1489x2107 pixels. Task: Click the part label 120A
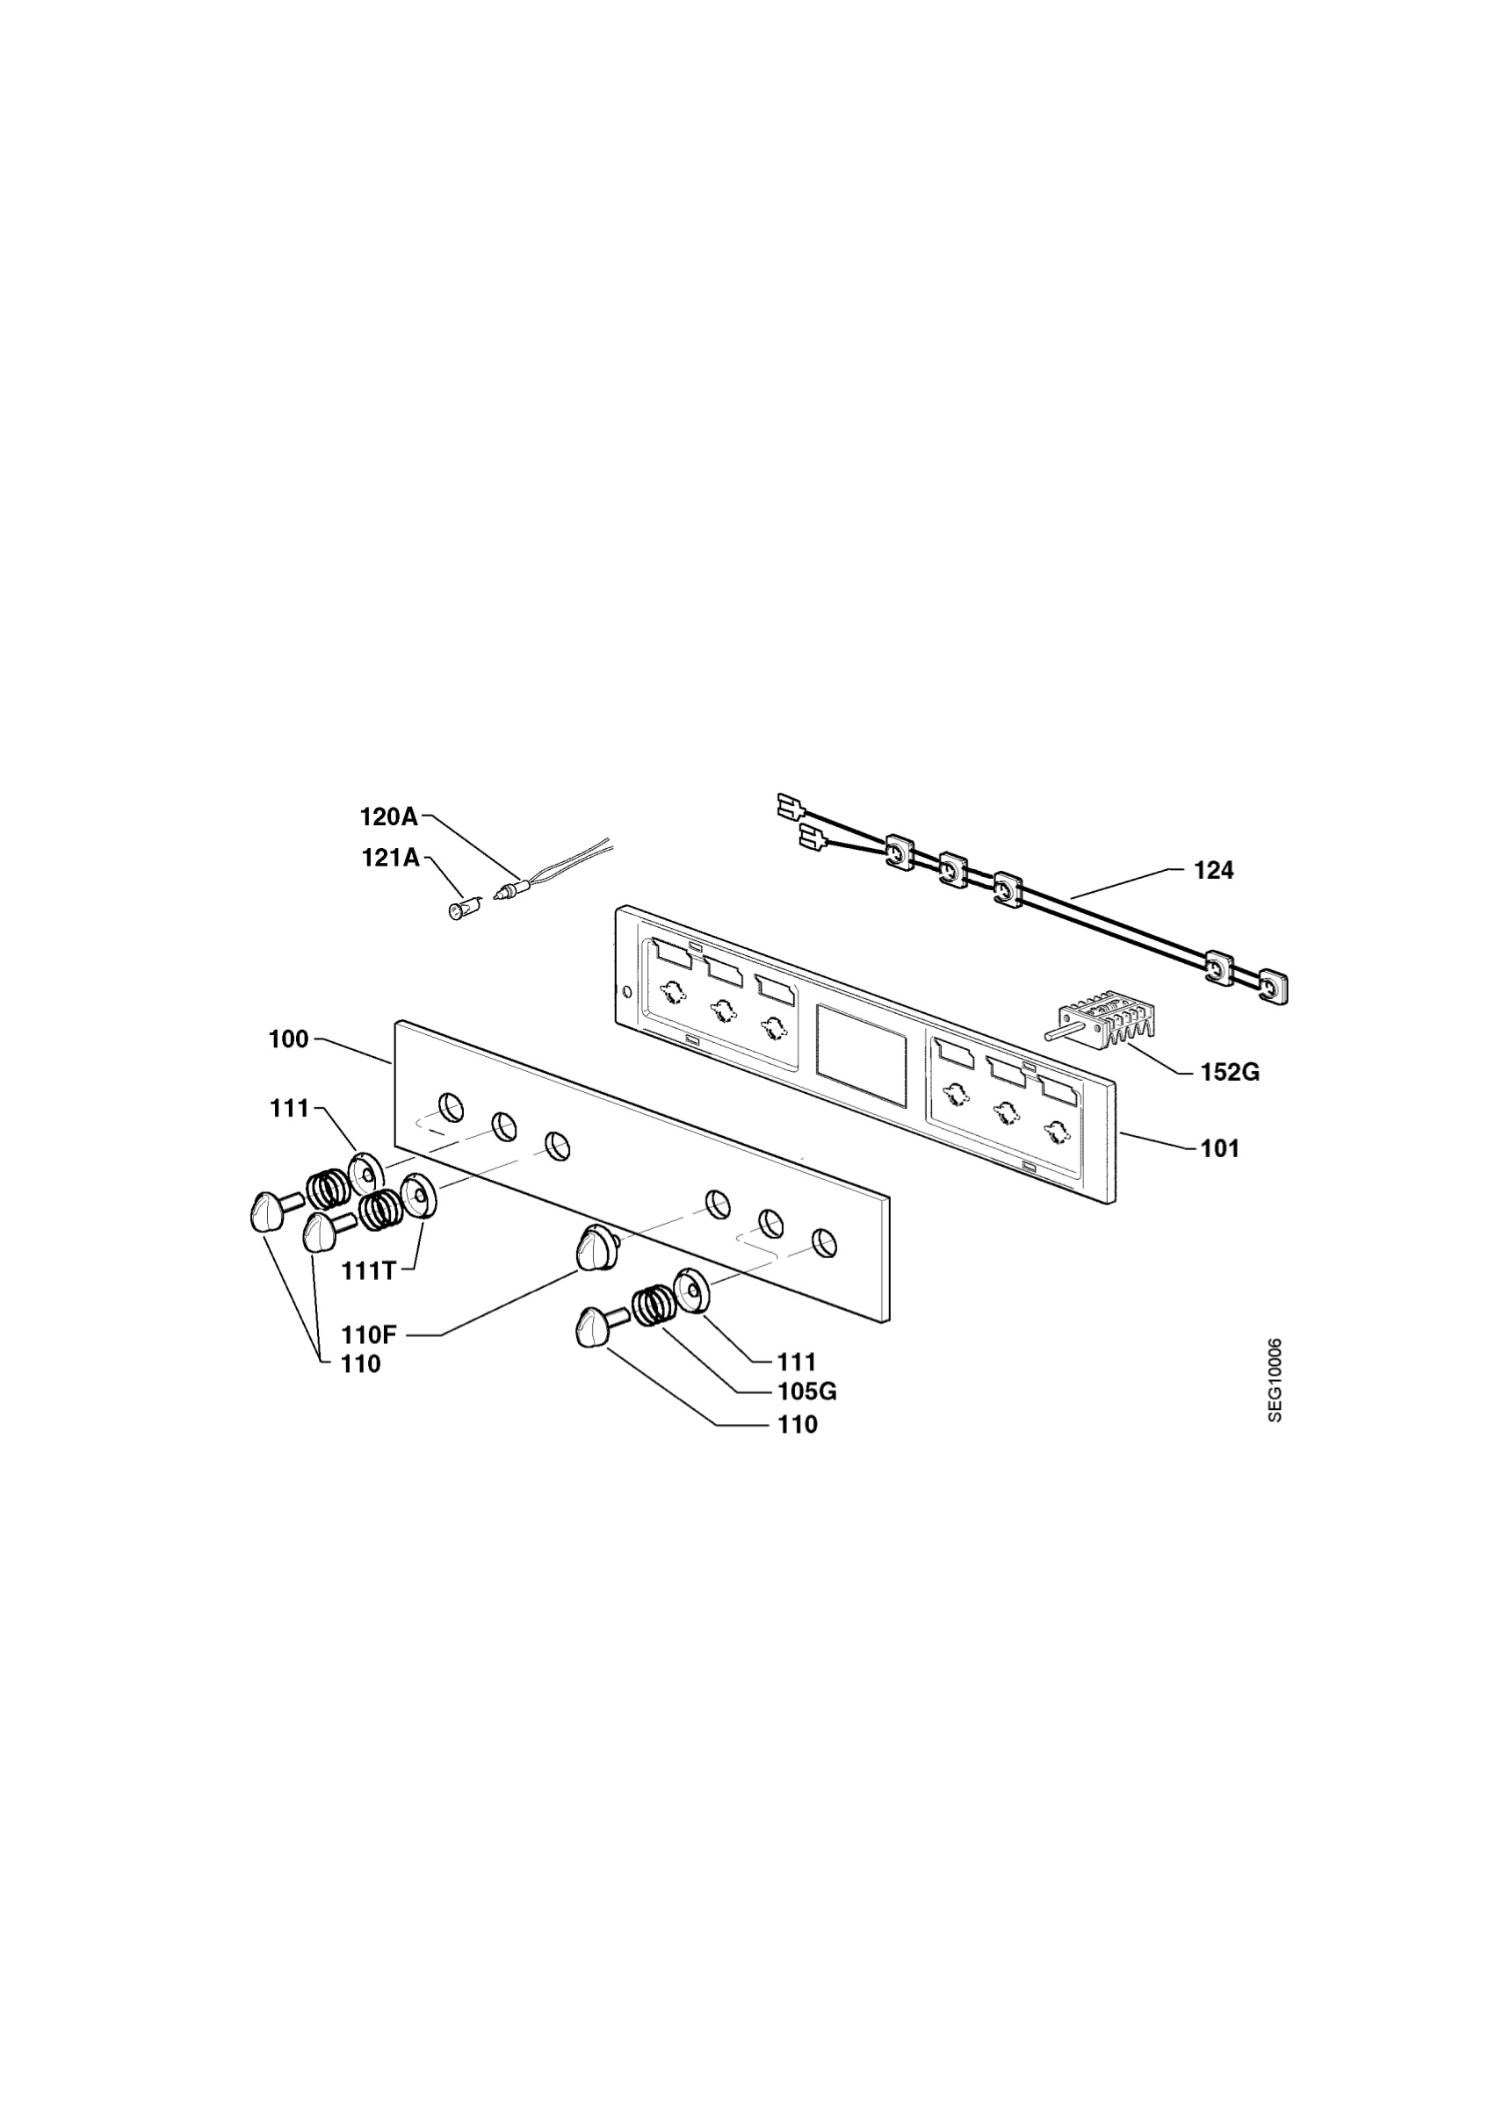pyautogui.click(x=388, y=816)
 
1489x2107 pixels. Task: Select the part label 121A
pyautogui.click(x=390, y=858)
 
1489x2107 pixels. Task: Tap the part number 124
pyautogui.click(x=1213, y=871)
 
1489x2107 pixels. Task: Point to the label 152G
pyautogui.click(x=1230, y=1072)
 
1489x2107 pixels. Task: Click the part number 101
pyautogui.click(x=1220, y=1148)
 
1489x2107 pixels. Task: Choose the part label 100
pyautogui.click(x=288, y=1039)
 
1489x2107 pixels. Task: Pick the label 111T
pyautogui.click(x=369, y=1271)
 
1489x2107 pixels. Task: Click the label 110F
pyautogui.click(x=369, y=1335)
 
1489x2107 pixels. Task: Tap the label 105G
pyautogui.click(x=807, y=1392)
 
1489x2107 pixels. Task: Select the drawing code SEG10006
pyautogui.click(x=1276, y=1380)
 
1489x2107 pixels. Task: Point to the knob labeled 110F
pyautogui.click(x=597, y=1248)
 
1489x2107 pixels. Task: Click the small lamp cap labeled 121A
pyautogui.click(x=458, y=910)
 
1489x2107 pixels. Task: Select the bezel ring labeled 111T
pyautogui.click(x=420, y=1194)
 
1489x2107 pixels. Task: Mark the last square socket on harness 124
pyautogui.click(x=1271, y=987)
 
